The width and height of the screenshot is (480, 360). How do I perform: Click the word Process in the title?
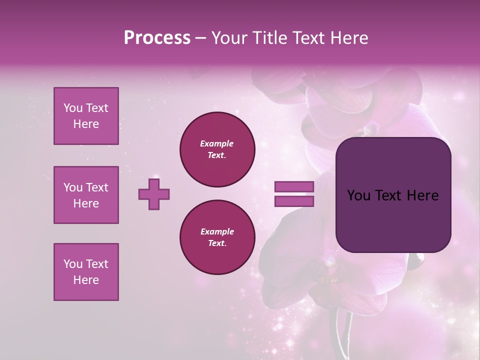tap(157, 38)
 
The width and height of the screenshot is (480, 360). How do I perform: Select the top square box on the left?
tap(86, 116)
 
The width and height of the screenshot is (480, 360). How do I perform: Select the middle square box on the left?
tap(86, 195)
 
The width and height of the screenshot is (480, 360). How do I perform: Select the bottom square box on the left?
tap(86, 272)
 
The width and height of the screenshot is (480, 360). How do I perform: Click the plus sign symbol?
tap(154, 194)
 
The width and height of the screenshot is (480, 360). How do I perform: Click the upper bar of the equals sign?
tap(294, 186)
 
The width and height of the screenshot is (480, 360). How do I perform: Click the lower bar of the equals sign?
tap(294, 201)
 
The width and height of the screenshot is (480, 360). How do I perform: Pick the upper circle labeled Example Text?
tap(217, 149)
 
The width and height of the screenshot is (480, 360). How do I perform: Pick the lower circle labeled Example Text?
tap(217, 237)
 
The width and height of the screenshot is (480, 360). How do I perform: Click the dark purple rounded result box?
tap(393, 220)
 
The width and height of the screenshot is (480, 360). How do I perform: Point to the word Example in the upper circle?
tap(217, 143)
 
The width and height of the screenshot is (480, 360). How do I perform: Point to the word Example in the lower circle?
tap(217, 231)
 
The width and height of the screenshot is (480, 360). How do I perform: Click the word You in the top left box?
tap(72, 108)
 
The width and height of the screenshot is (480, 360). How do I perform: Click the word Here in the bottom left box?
tap(86, 280)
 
